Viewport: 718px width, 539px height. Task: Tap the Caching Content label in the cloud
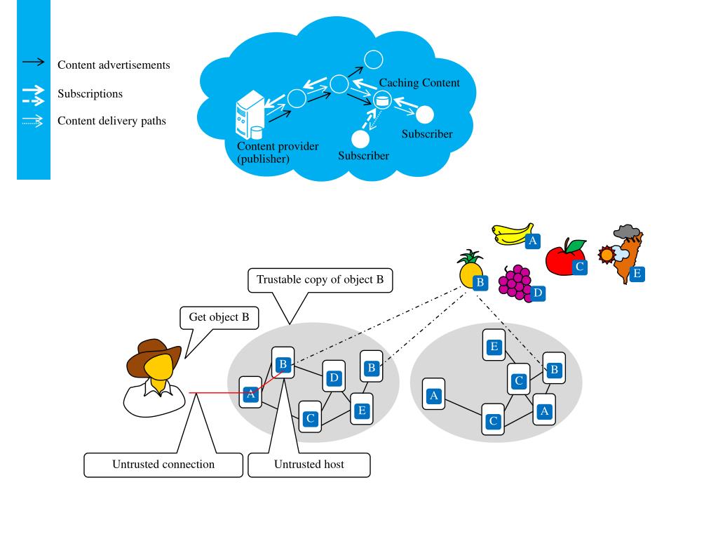click(x=419, y=83)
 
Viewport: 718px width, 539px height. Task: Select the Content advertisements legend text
click(x=114, y=65)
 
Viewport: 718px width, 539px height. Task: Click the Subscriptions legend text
click(x=90, y=93)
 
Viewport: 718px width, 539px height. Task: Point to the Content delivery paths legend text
click(x=111, y=121)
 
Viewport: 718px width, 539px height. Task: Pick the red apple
click(x=562, y=258)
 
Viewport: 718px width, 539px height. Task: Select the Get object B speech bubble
click(x=219, y=317)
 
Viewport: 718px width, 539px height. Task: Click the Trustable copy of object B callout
click(x=320, y=279)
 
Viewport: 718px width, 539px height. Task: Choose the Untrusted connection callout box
click(x=163, y=464)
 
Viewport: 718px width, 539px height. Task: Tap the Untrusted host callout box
click(x=309, y=464)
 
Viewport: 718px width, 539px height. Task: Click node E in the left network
click(x=362, y=410)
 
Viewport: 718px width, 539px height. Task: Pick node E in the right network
click(x=494, y=346)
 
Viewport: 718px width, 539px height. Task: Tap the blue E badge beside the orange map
click(x=637, y=274)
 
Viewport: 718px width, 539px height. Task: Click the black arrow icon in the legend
click(x=34, y=63)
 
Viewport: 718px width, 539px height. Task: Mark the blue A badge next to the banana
click(x=533, y=241)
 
